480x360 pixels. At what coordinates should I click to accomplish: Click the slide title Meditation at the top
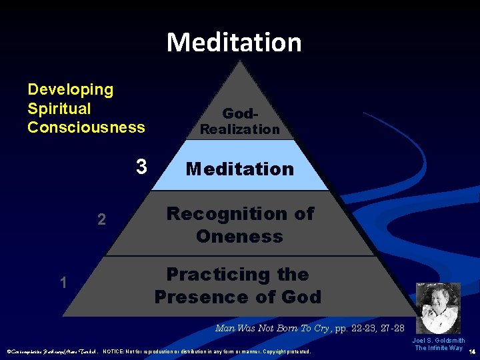234,42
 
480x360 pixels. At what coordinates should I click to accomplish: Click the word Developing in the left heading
70,89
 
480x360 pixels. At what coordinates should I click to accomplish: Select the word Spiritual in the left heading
59,108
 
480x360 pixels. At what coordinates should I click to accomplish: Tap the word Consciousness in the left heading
86,127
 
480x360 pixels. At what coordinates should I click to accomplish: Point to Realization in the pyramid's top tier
240,129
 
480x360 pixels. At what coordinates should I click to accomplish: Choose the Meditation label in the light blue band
240,169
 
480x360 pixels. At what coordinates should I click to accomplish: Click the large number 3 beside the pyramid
141,166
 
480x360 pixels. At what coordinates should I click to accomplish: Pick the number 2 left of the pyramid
101,219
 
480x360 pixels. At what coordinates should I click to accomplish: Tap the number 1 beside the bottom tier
63,283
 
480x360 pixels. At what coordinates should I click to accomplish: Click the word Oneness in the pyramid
239,237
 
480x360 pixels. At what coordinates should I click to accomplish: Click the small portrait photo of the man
438,307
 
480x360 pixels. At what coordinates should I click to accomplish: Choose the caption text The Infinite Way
438,348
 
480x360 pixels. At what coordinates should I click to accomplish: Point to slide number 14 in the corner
472,351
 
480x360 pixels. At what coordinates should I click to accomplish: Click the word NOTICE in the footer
116,351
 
